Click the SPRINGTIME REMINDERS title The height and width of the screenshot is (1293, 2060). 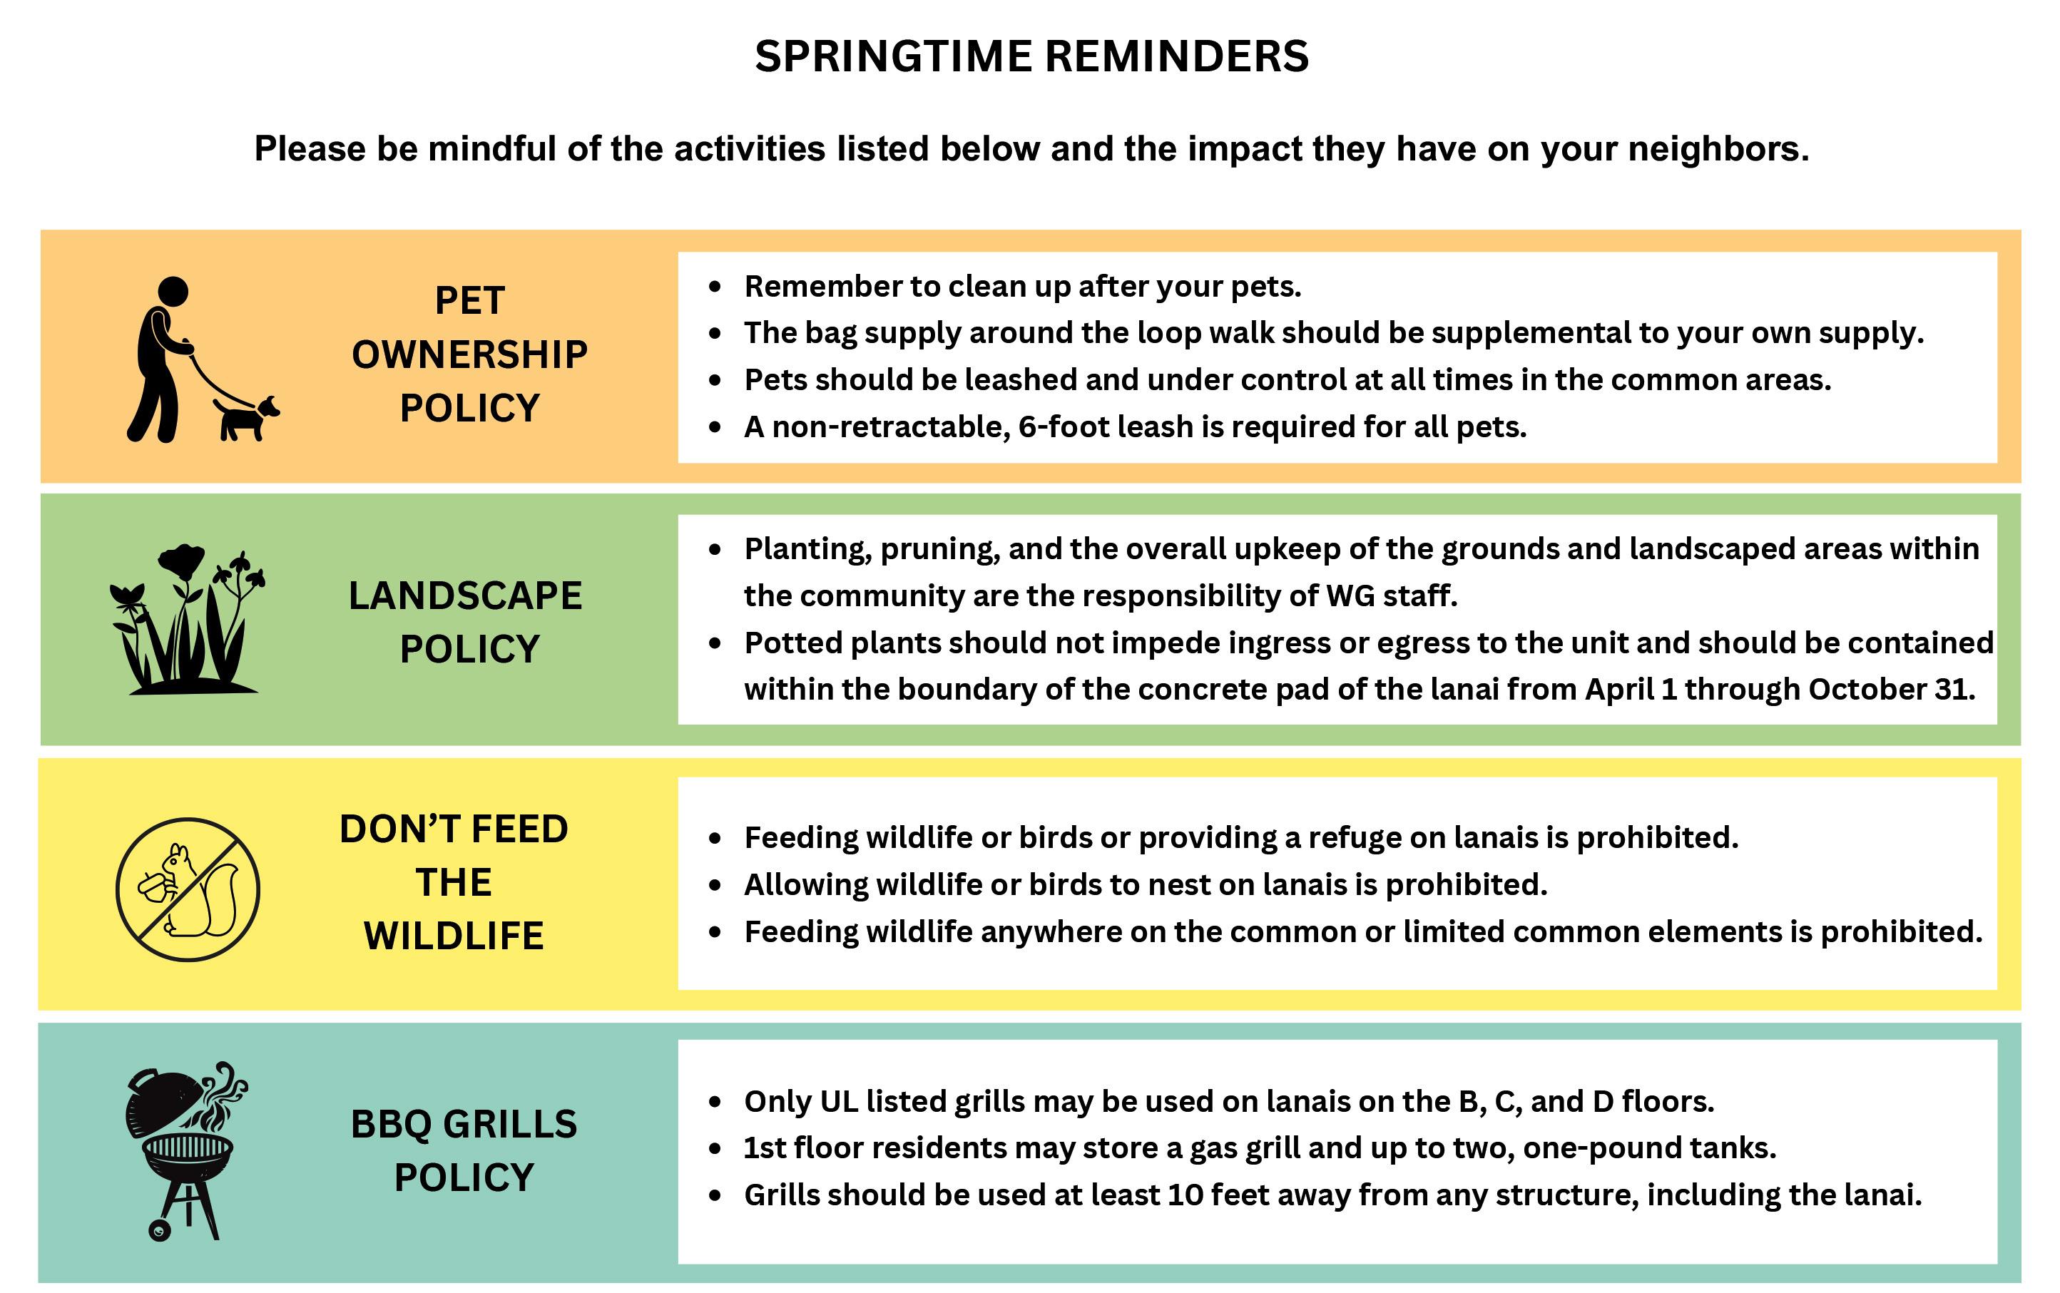[1031, 56]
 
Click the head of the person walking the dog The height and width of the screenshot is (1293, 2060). [173, 292]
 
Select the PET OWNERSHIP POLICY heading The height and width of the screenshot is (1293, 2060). [469, 354]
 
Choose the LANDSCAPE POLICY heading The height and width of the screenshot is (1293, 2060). [466, 622]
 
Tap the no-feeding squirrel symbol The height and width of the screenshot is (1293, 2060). [188, 889]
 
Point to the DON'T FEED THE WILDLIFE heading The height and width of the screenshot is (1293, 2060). [454, 881]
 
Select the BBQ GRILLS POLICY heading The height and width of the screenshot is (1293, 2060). [464, 1150]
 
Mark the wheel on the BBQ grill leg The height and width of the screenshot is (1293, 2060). [160, 1230]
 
